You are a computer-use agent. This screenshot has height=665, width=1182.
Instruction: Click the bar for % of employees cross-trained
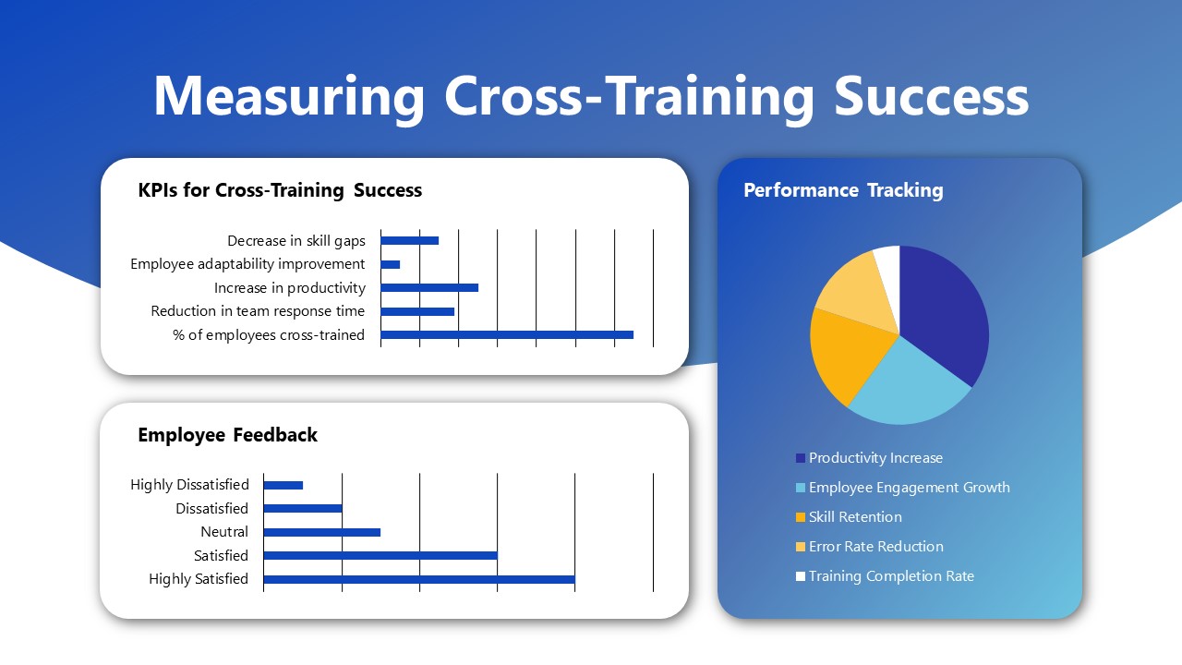point(507,334)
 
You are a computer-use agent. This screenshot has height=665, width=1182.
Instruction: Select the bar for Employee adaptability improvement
point(391,264)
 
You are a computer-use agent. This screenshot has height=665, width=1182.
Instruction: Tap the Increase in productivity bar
point(429,287)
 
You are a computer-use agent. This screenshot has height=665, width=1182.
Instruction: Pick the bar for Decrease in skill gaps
point(410,240)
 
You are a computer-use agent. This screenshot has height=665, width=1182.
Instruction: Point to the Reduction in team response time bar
point(417,311)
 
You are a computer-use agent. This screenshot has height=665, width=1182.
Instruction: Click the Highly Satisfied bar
point(419,579)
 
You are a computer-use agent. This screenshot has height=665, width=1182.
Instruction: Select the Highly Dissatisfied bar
point(283,485)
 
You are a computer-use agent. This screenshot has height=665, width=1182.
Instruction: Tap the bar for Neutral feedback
point(322,532)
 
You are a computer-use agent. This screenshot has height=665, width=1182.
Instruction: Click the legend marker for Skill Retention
point(800,517)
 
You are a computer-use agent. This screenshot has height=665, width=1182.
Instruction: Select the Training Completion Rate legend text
point(891,576)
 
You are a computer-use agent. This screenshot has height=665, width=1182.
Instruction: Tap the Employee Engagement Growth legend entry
point(909,488)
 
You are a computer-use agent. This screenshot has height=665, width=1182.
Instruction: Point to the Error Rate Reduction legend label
point(875,547)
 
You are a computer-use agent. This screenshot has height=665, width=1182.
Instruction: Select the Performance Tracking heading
point(843,190)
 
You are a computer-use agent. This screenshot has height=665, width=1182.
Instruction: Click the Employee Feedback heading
point(227,435)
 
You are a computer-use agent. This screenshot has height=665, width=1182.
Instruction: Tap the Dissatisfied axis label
point(211,509)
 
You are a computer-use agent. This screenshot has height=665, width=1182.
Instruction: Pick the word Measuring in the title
point(289,95)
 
